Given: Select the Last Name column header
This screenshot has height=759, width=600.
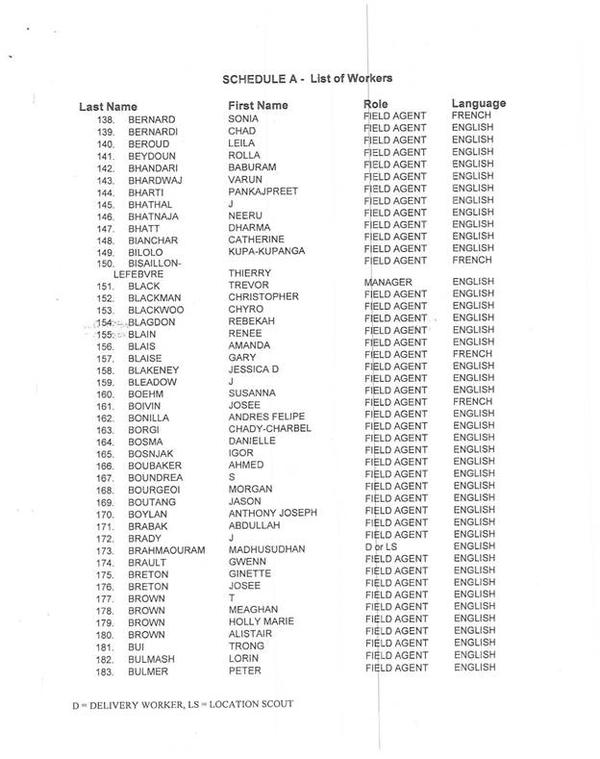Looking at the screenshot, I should (109, 105).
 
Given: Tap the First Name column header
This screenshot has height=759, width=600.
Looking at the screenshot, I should (258, 105).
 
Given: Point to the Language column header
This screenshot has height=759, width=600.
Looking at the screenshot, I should (478, 103).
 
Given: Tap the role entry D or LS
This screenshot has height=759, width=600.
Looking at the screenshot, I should (382, 546).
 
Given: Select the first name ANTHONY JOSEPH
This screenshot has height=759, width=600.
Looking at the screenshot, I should (272, 513).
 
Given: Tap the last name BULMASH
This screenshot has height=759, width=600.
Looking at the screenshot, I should (154, 658).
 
